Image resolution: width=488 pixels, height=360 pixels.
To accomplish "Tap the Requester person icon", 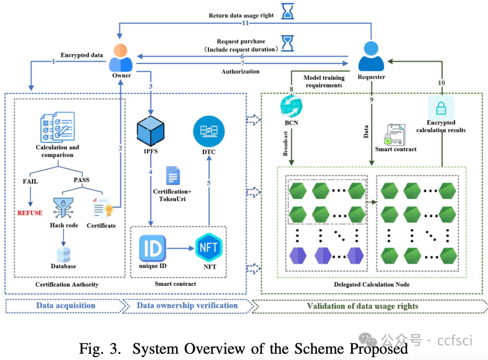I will click(371, 57).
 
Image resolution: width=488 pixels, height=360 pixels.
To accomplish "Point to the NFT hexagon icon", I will click(209, 247).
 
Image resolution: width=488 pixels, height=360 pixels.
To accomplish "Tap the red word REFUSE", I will click(30, 213).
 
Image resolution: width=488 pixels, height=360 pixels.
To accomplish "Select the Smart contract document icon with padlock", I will click(396, 134).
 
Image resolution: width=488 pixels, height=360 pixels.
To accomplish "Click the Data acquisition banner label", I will click(66, 306).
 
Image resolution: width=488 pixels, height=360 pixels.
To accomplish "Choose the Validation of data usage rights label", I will click(362, 306).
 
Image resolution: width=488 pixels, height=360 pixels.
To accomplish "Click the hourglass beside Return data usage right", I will click(287, 11).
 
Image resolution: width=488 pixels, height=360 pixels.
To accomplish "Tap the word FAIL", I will click(30, 182).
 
